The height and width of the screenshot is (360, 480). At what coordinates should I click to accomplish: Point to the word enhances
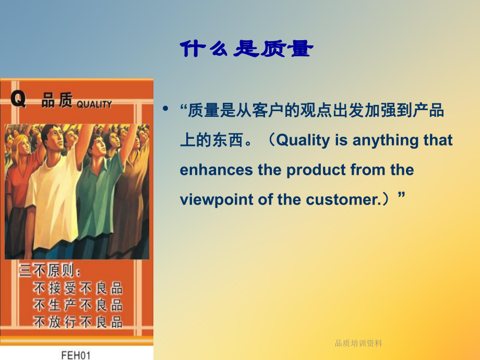pyautogui.click(x=214, y=170)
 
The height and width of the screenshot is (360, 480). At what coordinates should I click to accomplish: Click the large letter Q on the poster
pyautogui.click(x=18, y=100)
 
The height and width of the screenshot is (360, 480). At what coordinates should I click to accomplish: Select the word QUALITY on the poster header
pyautogui.click(x=94, y=104)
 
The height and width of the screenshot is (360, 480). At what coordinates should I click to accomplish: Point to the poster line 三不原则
pyautogui.click(x=50, y=271)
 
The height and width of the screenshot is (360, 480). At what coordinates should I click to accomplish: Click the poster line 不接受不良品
pyautogui.click(x=78, y=287)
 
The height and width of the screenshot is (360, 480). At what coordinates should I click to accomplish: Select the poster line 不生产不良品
pyautogui.click(x=78, y=305)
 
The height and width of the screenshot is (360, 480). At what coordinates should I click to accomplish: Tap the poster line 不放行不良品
pyautogui.click(x=78, y=322)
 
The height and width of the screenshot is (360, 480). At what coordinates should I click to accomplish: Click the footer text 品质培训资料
pyautogui.click(x=358, y=343)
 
